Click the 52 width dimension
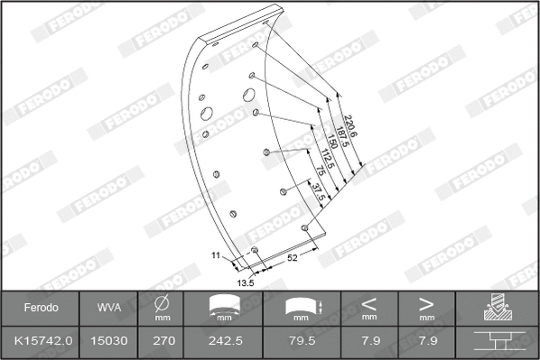point(292,258)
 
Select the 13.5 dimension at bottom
point(244,282)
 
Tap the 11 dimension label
point(216,256)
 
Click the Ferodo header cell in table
point(40,308)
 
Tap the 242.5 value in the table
point(226,342)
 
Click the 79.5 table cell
point(303,342)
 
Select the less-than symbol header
point(369,304)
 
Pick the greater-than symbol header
point(426,304)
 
